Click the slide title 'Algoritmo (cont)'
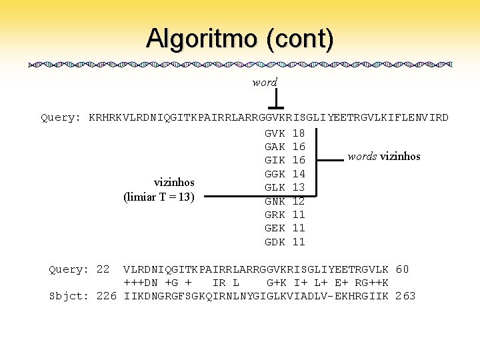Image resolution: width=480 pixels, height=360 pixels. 240,38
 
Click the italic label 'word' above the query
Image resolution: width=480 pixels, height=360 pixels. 265,83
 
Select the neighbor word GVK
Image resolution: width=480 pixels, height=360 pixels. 275,133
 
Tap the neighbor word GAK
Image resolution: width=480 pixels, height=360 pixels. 275,147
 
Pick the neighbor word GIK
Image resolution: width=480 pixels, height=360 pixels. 275,161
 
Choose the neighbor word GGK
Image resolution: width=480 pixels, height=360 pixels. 275,174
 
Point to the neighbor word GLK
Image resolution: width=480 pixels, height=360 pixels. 275,187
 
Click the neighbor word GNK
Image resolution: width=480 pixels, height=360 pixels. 275,201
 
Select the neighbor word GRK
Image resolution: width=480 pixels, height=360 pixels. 275,215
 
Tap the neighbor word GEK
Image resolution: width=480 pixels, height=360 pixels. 275,228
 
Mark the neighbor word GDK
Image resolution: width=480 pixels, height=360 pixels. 275,242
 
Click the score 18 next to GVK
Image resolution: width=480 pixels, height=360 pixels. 299,133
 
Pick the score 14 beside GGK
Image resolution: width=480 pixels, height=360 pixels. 299,174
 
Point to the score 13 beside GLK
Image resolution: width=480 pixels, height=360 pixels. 299,187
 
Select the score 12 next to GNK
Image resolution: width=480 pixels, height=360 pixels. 299,201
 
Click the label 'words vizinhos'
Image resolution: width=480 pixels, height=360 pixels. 384,157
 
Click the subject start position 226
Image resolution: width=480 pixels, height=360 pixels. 107,295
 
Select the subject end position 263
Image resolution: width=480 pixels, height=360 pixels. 405,295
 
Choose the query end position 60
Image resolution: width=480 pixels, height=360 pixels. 402,269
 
